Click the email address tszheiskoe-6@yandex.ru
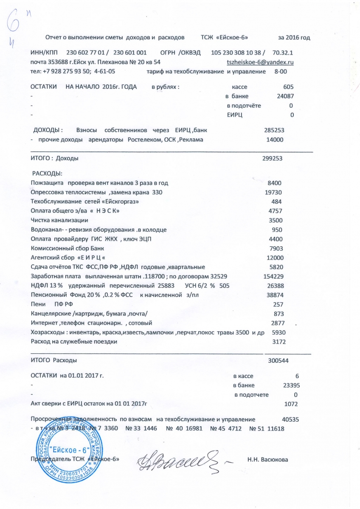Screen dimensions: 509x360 (261, 62)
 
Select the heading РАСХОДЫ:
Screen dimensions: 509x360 (47, 173)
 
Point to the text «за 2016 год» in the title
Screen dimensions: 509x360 (294, 37)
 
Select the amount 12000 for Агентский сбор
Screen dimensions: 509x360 (274, 257)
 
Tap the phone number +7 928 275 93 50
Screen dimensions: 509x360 (67, 71)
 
